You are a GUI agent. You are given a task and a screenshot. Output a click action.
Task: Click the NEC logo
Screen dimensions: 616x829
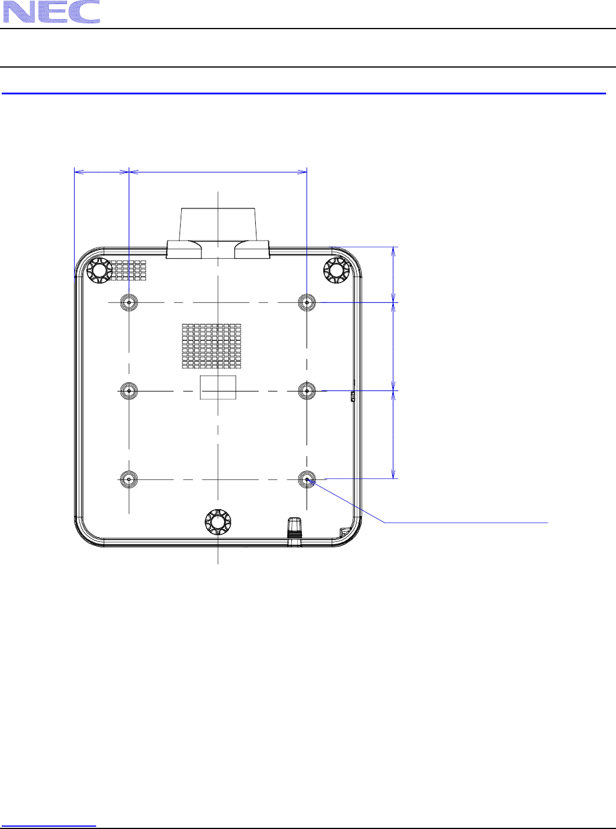(52, 12)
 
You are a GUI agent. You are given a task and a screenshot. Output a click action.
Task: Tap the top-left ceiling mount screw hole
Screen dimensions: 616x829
(129, 302)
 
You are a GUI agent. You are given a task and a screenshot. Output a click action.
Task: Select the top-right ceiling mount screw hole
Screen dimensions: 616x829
(307, 302)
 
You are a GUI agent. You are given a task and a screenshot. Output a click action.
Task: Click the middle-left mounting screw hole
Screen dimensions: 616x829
(129, 391)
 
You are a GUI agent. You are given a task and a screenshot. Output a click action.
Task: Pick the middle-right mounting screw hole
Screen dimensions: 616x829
(307, 391)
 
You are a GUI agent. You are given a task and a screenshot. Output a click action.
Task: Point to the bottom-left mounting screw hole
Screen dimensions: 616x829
(129, 479)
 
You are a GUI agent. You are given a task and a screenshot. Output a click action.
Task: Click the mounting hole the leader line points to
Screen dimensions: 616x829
(307, 479)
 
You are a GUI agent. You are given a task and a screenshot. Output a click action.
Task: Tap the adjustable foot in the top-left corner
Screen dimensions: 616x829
(100, 270)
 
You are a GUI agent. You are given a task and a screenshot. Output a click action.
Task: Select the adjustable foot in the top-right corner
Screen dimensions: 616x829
(336, 270)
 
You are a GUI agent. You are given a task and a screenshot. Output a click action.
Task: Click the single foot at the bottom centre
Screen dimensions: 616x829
(218, 522)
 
